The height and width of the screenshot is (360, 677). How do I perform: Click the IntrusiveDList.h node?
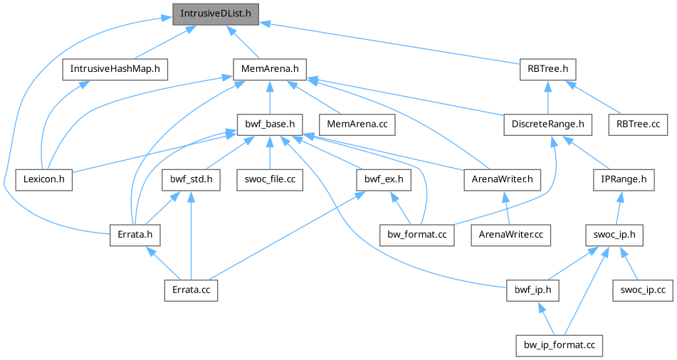point(216,13)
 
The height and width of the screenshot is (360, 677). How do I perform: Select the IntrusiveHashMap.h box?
point(115,69)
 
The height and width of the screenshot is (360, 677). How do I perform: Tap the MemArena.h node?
point(270,69)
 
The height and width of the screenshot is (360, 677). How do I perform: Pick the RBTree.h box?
point(547,69)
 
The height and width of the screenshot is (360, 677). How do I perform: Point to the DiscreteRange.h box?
point(547,125)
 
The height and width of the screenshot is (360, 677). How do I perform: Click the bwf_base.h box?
point(270,125)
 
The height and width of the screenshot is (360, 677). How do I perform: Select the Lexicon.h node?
point(44,179)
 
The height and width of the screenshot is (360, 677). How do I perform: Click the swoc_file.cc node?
point(270,179)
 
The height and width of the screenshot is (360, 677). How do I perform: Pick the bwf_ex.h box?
point(383,179)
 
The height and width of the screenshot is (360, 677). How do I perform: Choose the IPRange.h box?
point(623,179)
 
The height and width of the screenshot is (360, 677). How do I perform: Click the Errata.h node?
point(135,234)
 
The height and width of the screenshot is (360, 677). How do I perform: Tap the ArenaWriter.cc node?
point(509,234)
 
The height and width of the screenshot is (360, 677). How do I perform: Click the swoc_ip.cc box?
point(642,290)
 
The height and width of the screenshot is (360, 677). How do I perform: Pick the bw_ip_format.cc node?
point(560,345)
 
